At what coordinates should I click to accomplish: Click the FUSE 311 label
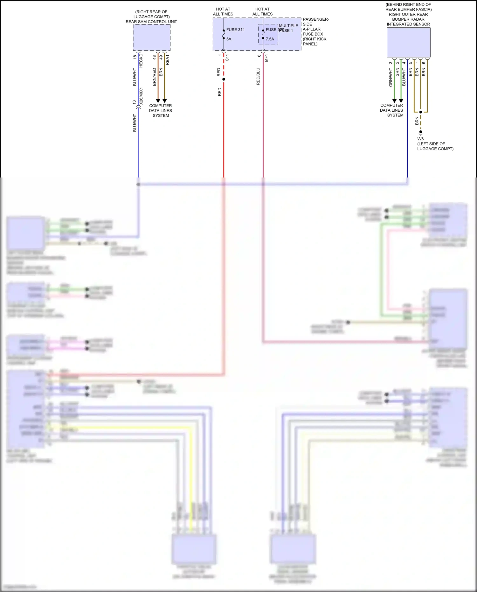coord(235,30)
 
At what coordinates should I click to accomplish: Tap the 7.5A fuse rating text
coord(270,39)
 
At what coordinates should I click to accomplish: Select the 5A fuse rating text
coord(229,39)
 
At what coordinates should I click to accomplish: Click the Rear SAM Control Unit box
coord(152,37)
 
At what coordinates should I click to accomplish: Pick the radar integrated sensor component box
coord(408,42)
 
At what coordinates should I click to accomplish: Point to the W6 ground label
coord(420,139)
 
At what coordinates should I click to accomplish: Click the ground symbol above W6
coord(421,132)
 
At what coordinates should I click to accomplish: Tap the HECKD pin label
coord(141,60)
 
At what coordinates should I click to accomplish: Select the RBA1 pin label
coord(168,60)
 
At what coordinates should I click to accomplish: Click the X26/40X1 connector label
coord(141,96)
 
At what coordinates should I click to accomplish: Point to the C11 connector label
coord(227,58)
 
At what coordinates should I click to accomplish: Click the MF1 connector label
coord(266,58)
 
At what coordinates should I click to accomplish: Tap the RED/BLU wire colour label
coord(258,76)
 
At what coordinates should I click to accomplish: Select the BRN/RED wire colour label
coord(155,77)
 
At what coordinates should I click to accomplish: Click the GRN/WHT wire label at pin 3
coord(391,77)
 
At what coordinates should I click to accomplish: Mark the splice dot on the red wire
coord(224,79)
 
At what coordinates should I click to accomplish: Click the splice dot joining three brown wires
coord(421,112)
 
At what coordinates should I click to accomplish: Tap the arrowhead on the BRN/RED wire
coord(158,101)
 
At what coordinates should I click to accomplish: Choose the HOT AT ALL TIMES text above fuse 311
coord(223,11)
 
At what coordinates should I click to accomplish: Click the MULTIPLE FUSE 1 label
coord(288,28)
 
